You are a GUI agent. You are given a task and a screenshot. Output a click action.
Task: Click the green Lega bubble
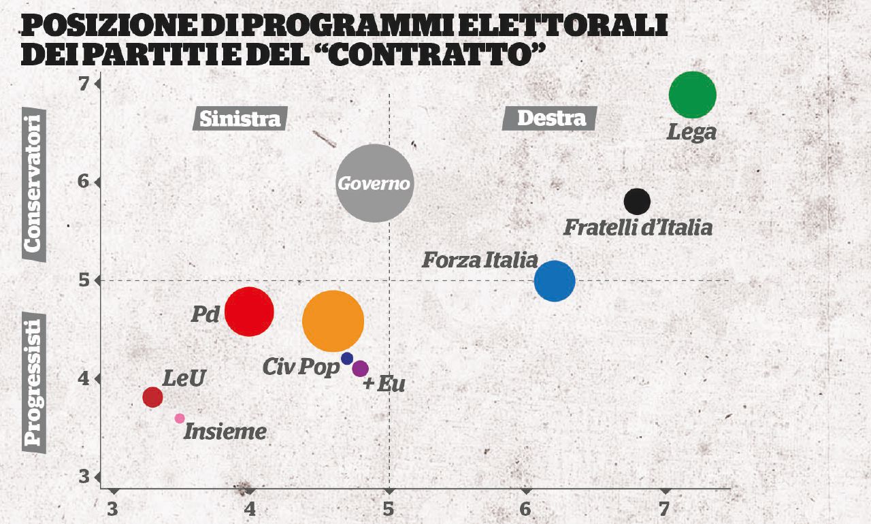coord(693,95)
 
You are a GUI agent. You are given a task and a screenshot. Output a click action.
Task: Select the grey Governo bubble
coord(375,183)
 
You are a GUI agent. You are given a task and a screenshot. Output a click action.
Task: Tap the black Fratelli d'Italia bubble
coord(637,201)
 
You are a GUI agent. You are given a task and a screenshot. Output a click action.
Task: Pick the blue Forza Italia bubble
coord(555,281)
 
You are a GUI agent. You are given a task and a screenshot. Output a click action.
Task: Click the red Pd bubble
coord(249,312)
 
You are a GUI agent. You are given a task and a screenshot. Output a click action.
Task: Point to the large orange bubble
coord(333,321)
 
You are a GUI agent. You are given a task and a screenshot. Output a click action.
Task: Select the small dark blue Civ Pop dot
coord(347,358)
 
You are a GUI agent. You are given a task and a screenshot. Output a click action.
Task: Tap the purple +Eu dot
coord(360,368)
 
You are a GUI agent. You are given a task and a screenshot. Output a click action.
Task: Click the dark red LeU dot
coord(152,397)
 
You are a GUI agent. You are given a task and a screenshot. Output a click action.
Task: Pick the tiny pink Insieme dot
coord(180,419)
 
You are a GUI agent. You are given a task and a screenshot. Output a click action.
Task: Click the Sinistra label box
coord(240,118)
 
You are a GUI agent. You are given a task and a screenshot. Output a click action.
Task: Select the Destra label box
coord(550,118)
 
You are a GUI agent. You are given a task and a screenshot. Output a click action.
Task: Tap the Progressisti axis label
coord(34,380)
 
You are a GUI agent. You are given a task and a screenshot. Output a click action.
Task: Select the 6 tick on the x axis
coord(525,508)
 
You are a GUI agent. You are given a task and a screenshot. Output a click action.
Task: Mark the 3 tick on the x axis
coord(113,508)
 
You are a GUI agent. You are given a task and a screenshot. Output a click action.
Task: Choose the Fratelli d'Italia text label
coord(638,227)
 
